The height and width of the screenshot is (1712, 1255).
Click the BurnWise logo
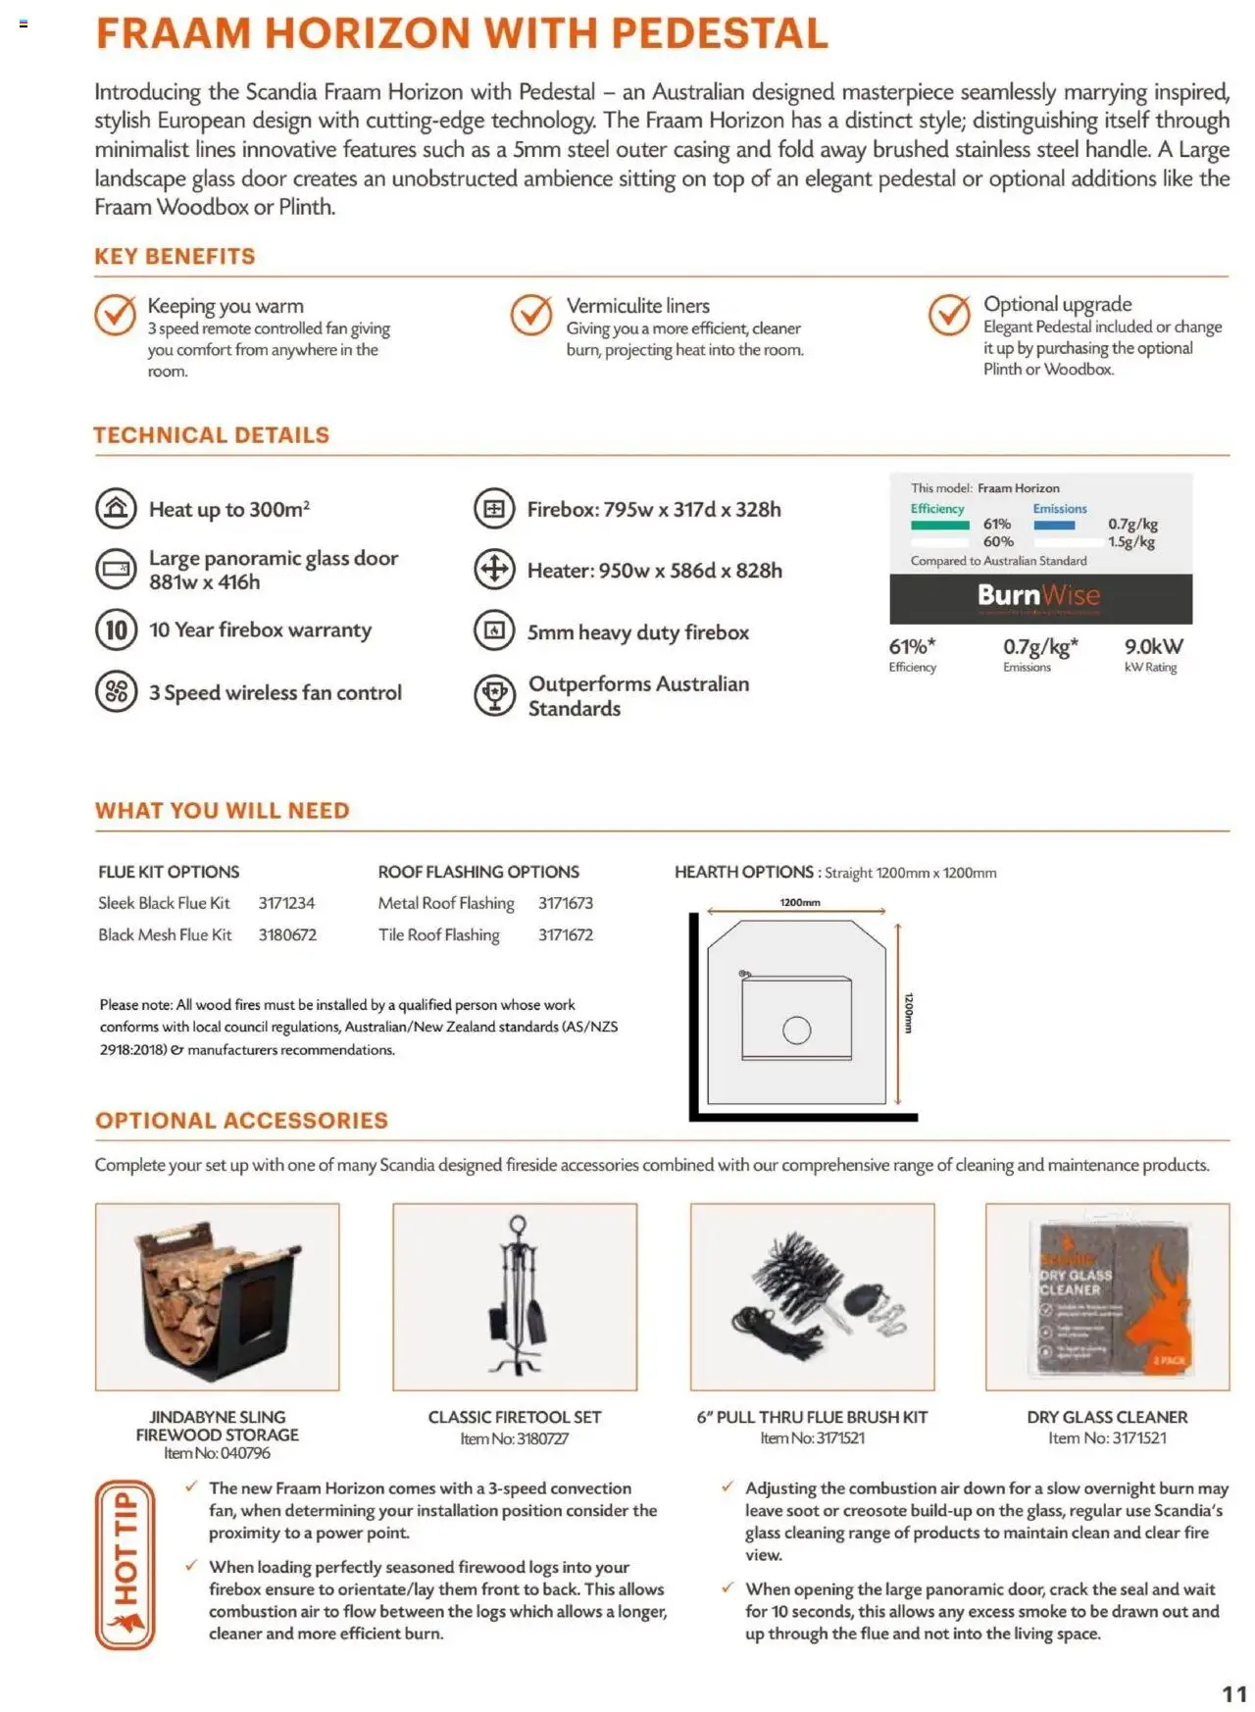click(x=1038, y=596)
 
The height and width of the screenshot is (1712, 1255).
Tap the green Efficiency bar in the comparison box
click(x=939, y=526)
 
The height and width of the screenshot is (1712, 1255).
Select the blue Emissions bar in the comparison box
click(x=1054, y=526)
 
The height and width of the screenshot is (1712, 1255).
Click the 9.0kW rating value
click(x=1153, y=647)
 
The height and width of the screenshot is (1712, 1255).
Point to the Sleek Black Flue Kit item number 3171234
click(x=286, y=903)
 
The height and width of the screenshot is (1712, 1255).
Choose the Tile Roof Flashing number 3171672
click(x=565, y=935)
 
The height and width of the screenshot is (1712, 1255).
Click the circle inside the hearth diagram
click(x=796, y=1031)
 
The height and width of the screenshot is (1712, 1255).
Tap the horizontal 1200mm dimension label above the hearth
click(x=800, y=902)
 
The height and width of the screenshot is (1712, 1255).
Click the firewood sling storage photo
click(x=218, y=1297)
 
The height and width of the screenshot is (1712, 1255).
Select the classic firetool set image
click(x=516, y=1297)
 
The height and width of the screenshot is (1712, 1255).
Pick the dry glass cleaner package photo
click(x=1108, y=1297)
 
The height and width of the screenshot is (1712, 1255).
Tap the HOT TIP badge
click(x=125, y=1564)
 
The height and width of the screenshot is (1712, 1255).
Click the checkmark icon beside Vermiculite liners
click(x=531, y=315)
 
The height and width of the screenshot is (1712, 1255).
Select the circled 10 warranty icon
click(x=116, y=630)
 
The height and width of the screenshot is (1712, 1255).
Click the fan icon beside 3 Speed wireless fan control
click(x=116, y=692)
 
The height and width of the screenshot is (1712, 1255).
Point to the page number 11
click(x=1233, y=1693)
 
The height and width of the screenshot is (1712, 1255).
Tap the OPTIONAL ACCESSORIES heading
click(x=241, y=1121)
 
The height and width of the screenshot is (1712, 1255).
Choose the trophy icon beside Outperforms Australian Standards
click(x=494, y=695)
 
